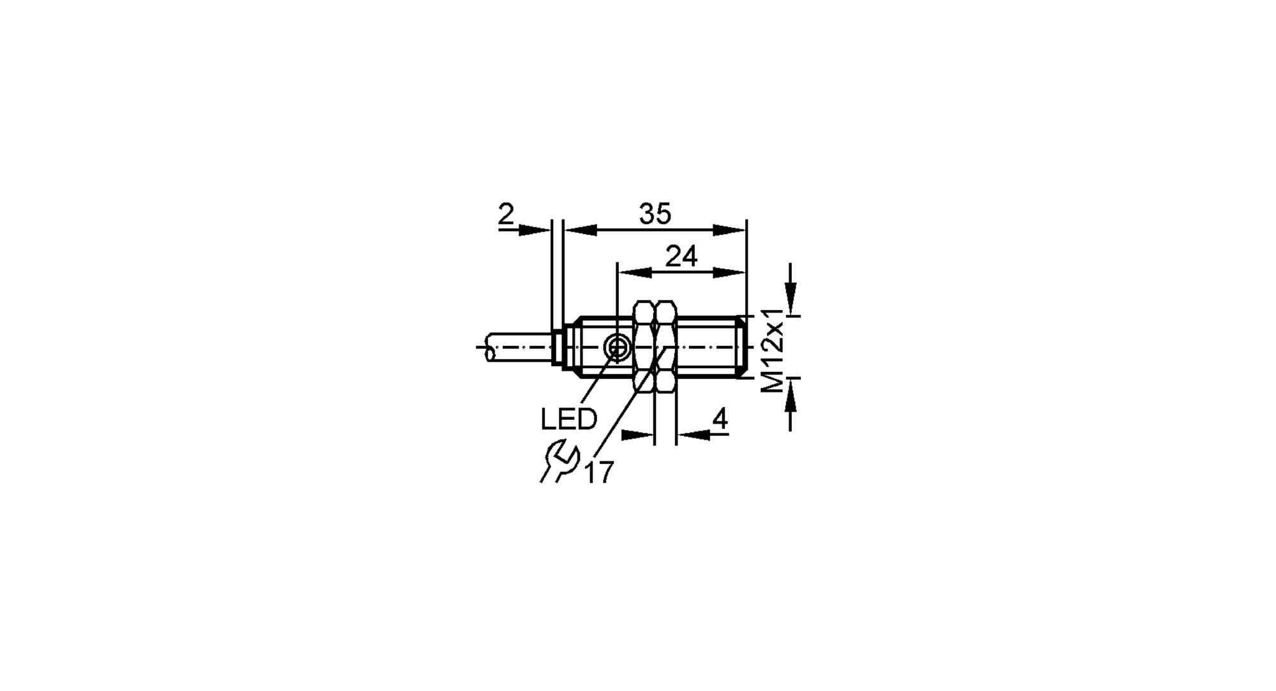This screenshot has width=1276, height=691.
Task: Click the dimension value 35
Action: tap(655, 214)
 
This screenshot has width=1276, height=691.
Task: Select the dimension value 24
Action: tap(681, 256)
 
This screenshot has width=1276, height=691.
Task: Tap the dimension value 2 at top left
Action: tap(506, 214)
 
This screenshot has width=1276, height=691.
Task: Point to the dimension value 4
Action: tap(720, 419)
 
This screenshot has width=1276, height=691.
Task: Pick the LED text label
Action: tap(568, 419)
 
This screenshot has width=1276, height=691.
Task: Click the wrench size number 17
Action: tap(598, 472)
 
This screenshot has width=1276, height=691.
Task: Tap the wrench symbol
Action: tap(559, 461)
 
